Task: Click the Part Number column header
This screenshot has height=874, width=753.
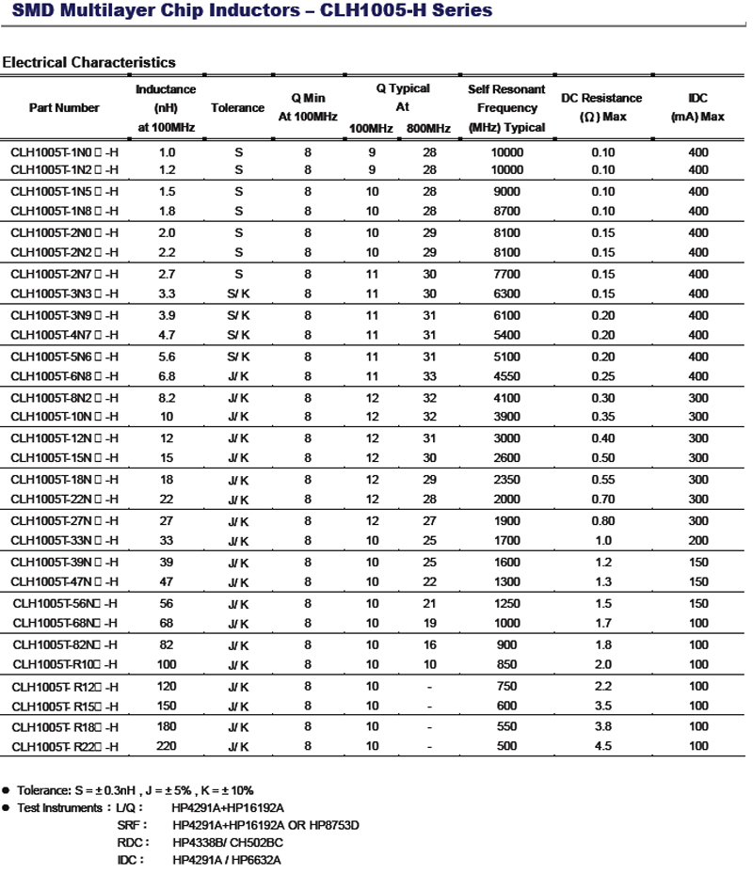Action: [64, 108]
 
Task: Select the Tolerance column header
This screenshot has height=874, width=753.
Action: [237, 108]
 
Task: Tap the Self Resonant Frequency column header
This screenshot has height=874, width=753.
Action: [506, 108]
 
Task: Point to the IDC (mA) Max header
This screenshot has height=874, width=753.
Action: [697, 107]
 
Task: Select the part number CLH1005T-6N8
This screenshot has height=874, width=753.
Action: [64, 376]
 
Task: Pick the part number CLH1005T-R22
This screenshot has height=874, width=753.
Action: [65, 747]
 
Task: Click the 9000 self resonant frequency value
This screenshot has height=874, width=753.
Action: [506, 191]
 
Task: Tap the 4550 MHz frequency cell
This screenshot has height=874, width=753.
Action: [506, 376]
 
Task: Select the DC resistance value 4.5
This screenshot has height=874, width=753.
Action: [602, 747]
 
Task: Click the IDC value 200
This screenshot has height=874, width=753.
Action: [697, 541]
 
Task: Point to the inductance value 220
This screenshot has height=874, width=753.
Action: [167, 747]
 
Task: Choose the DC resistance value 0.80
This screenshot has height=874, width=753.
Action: [602, 520]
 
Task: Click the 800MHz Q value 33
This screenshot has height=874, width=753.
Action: [429, 376]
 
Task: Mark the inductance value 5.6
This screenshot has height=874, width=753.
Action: [167, 357]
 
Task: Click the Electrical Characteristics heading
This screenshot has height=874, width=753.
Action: [89, 62]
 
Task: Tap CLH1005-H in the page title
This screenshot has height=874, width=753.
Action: [381, 11]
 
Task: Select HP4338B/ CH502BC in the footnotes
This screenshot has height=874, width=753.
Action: [228, 842]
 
